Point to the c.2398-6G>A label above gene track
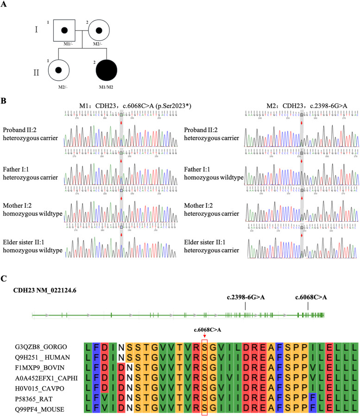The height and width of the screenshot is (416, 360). point(245,297)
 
